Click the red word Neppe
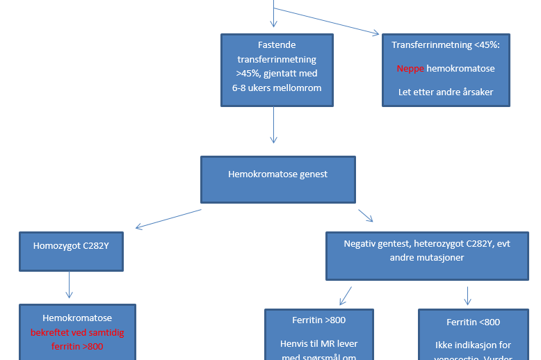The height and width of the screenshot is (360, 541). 410,69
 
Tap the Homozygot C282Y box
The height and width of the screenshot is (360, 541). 72,245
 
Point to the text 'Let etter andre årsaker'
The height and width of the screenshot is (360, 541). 446,92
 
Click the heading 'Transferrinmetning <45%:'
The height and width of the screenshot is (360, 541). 446,45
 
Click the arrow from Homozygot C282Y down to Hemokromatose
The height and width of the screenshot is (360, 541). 70,284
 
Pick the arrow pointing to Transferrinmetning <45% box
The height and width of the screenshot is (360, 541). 327,22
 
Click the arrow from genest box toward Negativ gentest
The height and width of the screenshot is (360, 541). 365,215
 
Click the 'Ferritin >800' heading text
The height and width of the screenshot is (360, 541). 318,320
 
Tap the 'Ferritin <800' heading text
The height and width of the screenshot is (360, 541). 473,322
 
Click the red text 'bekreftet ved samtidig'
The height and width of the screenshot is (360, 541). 76,333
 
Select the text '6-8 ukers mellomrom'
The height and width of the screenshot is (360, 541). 277,88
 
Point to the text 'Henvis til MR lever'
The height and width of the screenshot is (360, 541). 318,344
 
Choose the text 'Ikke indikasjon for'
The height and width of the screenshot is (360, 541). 473,345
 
